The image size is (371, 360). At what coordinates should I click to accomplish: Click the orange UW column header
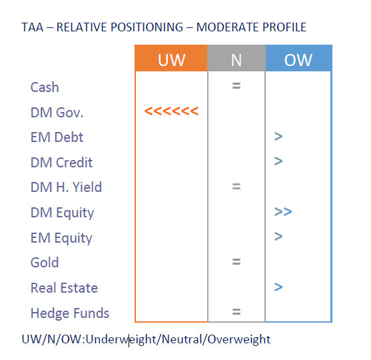coord(171,58)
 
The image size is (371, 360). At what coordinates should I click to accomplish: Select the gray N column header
coord(236,58)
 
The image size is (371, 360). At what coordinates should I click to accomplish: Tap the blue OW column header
coord(298,58)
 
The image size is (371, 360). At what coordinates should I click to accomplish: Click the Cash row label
coord(45,87)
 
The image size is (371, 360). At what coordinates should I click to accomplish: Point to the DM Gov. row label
coord(57,112)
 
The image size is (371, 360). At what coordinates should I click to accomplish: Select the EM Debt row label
coord(57,137)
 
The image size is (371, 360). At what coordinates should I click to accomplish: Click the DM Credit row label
coord(61,163)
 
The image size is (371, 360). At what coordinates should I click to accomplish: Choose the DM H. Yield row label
coord(66,187)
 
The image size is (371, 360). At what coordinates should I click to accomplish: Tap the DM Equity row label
coord(63,213)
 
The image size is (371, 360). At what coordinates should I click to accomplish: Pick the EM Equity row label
coord(61,238)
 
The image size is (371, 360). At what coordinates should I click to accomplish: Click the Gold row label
coord(45,263)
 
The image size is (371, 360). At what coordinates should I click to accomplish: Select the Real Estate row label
coord(64,288)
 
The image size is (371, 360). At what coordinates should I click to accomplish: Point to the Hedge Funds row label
coord(70,313)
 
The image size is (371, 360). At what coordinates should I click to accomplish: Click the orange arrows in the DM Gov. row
coord(171,111)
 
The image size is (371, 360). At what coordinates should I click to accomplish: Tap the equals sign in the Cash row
coord(236,85)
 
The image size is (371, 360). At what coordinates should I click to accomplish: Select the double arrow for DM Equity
coord(283,212)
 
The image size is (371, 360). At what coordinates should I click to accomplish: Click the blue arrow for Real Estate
coord(278,287)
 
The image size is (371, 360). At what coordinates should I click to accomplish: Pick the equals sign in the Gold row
coord(236,262)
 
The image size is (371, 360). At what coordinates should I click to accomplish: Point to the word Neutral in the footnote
coord(182,339)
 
